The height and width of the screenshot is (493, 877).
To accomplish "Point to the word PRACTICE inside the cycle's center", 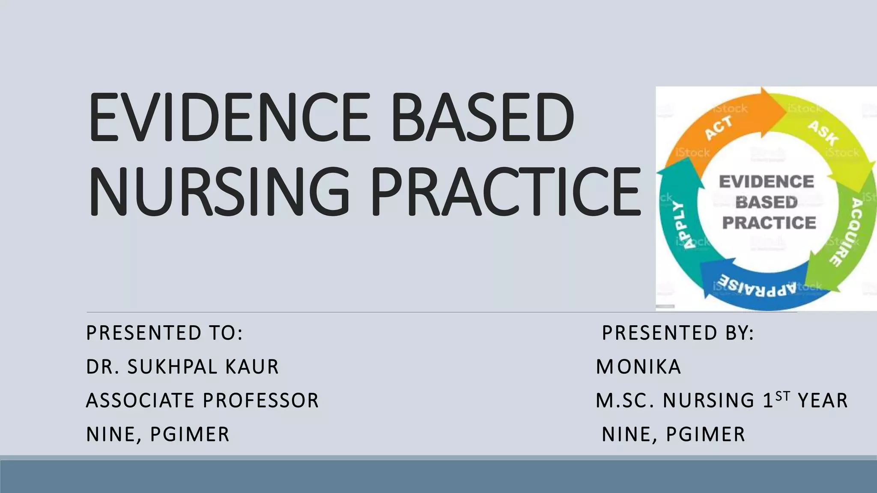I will (769, 223).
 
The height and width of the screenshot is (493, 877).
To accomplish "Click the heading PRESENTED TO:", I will (164, 333).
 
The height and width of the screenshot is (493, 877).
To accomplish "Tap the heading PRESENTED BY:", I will (678, 333).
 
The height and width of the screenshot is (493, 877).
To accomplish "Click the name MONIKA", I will (638, 367).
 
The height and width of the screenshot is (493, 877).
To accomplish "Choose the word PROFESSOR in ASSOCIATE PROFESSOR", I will (261, 401).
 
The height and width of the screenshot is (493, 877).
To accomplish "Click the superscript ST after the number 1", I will (782, 396).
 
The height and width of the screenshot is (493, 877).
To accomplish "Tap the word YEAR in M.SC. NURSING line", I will (823, 401).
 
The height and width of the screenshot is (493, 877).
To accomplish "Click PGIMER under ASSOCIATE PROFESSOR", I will (190, 434).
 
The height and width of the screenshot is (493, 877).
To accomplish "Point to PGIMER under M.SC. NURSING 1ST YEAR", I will (706, 434).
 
